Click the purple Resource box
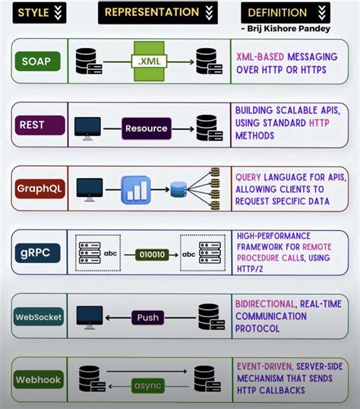(x=146, y=128)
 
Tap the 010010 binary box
(x=148, y=254)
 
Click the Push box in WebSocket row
(x=148, y=317)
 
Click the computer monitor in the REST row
(x=90, y=126)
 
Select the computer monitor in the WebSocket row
(x=90, y=315)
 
